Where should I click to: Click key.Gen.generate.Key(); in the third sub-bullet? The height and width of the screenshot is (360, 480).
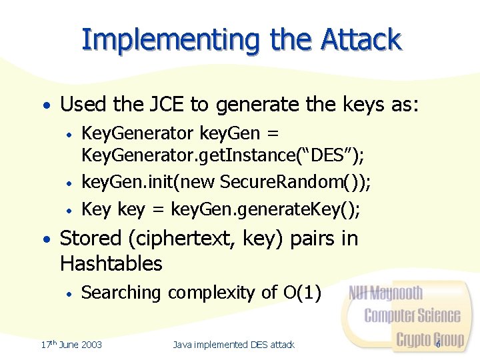tap(265, 209)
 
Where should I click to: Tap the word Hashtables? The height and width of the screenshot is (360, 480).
tap(111, 263)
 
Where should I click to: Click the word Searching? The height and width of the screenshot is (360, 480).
tap(121, 293)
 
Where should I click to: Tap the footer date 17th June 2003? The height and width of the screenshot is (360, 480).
tap(71, 344)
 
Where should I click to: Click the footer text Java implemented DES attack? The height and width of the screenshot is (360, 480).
tap(233, 344)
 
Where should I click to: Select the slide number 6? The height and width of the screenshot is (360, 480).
tap(438, 344)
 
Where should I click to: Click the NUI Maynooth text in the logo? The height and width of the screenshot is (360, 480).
tap(386, 293)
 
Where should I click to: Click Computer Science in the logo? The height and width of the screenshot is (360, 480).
tap(412, 315)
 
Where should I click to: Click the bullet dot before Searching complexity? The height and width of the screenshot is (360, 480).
tap(69, 293)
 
